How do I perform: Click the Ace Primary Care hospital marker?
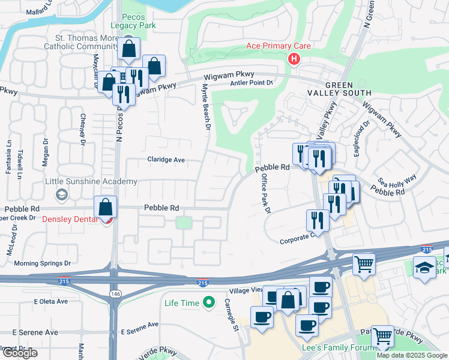294,58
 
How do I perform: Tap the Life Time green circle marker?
208,303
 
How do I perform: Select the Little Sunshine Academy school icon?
61,194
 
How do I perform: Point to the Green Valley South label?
348,89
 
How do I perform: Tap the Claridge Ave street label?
166,160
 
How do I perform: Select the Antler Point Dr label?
252,83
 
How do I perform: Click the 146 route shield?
113,292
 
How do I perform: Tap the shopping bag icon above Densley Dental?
106,207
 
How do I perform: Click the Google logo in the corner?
20,353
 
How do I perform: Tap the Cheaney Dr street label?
80,130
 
